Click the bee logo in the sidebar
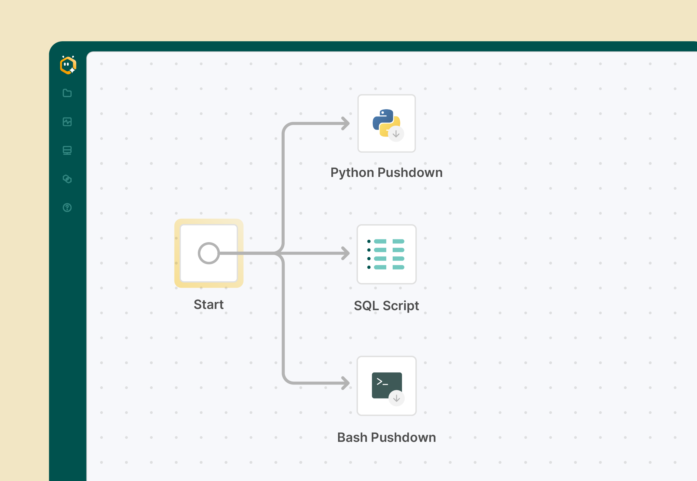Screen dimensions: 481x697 tap(68, 65)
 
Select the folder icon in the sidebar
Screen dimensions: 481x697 tap(67, 93)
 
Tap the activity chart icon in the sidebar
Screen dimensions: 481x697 tap(67, 122)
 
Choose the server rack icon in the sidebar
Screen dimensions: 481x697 tap(67, 150)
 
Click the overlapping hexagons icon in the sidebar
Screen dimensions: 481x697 tap(67, 179)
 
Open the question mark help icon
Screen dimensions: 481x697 tap(67, 208)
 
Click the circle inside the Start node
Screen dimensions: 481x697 tap(209, 253)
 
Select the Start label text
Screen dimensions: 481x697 tap(209, 304)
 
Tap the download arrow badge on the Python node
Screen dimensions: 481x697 tap(396, 134)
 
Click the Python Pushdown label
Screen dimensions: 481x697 tap(386, 172)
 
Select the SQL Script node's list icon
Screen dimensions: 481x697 tap(386, 254)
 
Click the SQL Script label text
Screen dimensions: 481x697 tap(386, 306)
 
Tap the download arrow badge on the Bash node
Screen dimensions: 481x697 tap(397, 398)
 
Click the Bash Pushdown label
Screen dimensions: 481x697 tap(386, 437)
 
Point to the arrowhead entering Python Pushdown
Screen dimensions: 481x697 tap(346, 124)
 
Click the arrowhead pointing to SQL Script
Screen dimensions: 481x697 tap(346, 253)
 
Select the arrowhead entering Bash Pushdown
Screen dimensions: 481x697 tap(346, 383)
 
